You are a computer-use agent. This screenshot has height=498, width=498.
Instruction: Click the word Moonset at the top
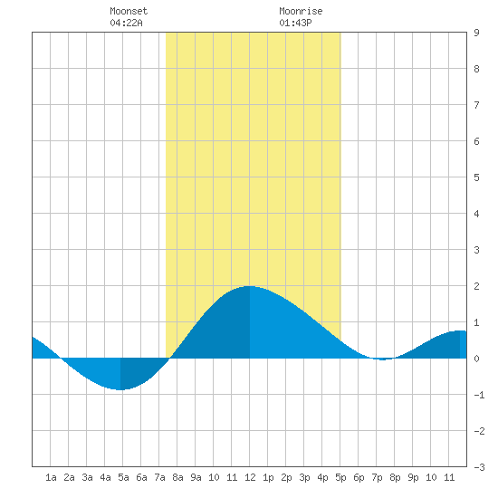[129, 11]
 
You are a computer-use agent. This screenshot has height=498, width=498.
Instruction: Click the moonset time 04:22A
[126, 23]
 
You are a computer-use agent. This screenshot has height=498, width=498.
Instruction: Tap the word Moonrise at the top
[301, 11]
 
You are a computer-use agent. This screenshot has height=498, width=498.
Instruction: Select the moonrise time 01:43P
[295, 23]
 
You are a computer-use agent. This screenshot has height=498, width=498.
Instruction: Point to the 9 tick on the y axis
[476, 33]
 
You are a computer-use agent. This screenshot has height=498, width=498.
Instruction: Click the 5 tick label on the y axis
[476, 177]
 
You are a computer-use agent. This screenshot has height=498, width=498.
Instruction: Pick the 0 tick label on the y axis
[476, 359]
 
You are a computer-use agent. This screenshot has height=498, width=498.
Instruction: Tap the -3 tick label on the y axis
[479, 467]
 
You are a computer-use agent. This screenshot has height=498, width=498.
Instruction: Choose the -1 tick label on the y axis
[479, 395]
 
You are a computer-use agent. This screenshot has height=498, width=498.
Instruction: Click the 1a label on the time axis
[51, 477]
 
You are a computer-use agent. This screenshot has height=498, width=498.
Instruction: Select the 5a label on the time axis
[123, 477]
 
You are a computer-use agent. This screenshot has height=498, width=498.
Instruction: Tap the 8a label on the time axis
[177, 477]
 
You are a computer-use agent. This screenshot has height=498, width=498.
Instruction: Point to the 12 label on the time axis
[250, 477]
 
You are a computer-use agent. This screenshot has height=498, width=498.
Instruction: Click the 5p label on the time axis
[340, 477]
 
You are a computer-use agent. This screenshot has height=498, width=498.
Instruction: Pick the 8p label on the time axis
[395, 477]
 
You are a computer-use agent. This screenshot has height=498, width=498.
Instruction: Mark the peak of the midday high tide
[250, 286]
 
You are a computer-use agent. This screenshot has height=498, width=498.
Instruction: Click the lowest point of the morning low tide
[120, 389]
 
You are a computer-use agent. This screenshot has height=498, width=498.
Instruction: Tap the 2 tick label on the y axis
[476, 286]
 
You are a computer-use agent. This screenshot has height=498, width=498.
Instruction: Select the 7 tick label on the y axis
[476, 105]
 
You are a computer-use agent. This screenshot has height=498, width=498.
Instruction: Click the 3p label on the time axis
[304, 477]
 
